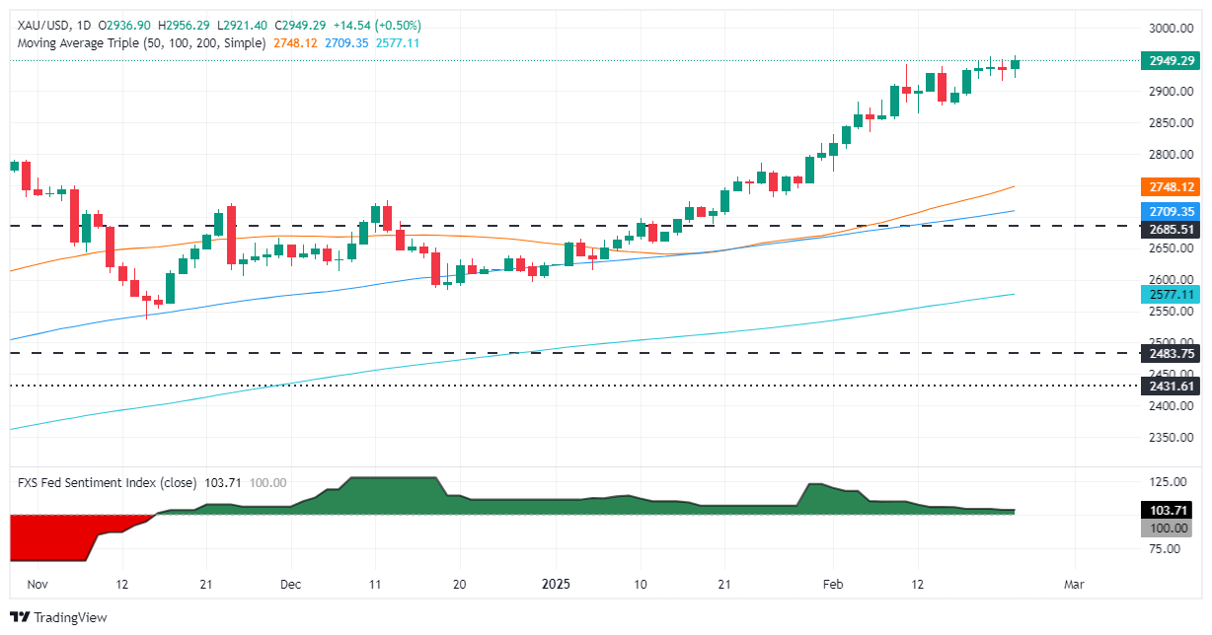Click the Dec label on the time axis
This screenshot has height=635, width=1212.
[x=290, y=584]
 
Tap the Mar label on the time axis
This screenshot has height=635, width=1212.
[x=1074, y=584]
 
